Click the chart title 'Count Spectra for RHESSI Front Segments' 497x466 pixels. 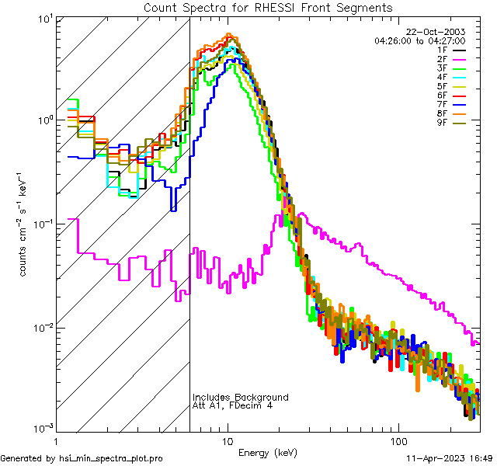click(268, 8)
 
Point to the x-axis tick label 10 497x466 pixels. click(228, 440)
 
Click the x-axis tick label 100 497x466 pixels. click(398, 440)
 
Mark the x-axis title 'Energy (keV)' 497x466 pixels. click(268, 452)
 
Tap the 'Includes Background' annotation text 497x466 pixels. click(241, 398)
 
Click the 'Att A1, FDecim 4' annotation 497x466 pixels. click(233, 406)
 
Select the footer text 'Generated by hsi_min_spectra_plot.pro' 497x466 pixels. click(82, 459)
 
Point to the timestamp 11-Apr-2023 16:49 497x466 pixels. click(446, 459)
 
